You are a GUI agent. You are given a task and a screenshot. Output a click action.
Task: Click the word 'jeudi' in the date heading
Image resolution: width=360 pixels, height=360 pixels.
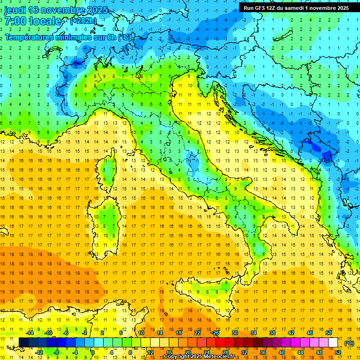pos(15,10)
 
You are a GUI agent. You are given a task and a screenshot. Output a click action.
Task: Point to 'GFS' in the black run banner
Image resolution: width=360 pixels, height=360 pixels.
pos(263,8)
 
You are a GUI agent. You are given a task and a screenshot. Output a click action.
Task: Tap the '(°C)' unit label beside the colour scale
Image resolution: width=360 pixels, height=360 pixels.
pos(349,343)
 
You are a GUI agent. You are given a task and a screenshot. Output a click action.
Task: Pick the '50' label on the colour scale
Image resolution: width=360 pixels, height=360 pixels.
pos(329,333)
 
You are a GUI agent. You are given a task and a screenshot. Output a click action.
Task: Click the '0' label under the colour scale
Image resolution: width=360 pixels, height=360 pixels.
pos(92,352)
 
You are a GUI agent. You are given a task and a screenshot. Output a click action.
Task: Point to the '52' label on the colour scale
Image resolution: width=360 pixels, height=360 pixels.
pos(338,352)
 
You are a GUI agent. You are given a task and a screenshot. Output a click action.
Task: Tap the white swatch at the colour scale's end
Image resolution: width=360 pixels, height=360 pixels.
pos(333,343)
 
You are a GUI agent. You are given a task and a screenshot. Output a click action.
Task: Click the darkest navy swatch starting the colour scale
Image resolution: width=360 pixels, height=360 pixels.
pos(23,343)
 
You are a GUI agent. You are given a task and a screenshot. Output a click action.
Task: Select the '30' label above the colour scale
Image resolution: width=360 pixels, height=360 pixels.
pos(235,333)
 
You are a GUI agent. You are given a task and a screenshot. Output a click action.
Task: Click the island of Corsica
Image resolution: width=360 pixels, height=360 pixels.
pos(109,169)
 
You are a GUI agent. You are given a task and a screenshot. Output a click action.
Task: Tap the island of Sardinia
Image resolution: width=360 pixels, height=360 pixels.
pos(109,218)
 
